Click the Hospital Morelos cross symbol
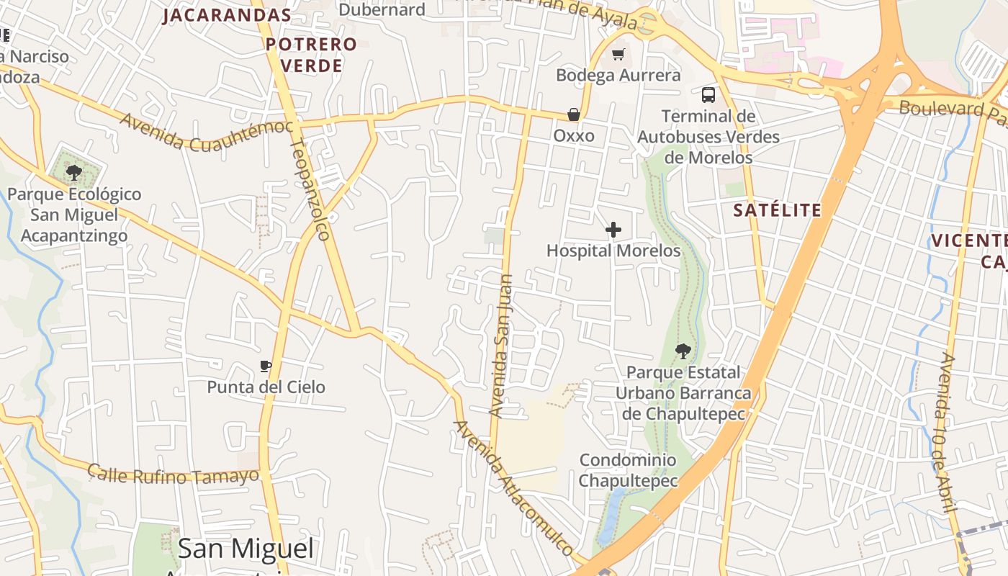coord(613,230)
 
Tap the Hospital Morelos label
coord(613,251)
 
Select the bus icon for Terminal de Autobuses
coord(708,94)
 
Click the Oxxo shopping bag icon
coord(574,114)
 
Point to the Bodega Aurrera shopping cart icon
coord(618,54)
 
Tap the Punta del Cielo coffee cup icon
coord(266,366)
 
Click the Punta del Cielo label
coord(266,387)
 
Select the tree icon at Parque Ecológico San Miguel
coord(73,172)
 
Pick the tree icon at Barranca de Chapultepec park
coord(683,351)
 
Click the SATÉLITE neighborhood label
coord(777,210)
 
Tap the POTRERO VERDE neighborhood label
coord(311,55)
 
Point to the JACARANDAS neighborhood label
coord(227,15)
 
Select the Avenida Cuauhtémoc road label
coord(207,133)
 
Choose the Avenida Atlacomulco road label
coord(513,487)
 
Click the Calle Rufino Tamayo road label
coord(173,474)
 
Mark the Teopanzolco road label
coord(310,189)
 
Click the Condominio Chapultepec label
coord(628,470)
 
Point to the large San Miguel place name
coord(246,549)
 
